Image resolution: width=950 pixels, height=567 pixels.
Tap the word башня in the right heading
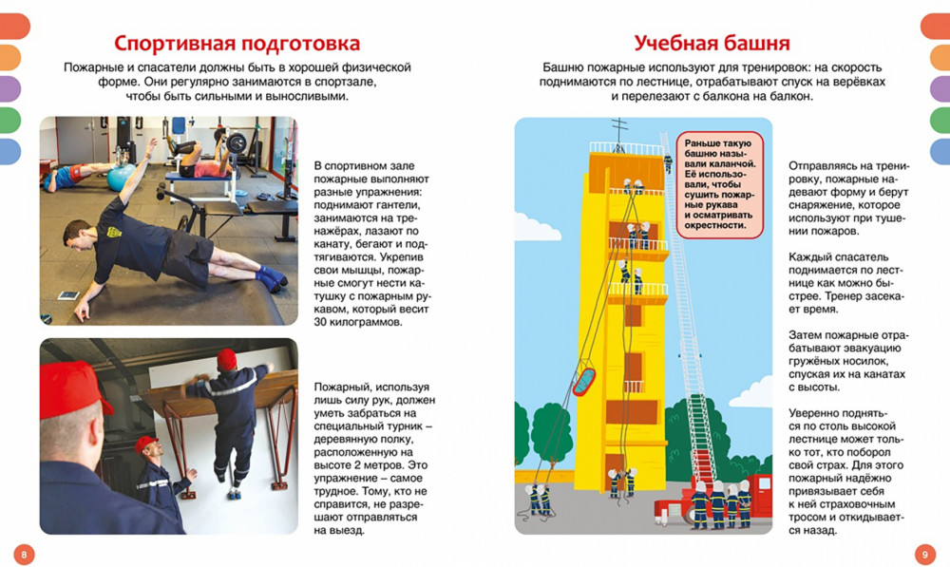(752, 44)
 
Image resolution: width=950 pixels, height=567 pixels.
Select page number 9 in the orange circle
(926, 553)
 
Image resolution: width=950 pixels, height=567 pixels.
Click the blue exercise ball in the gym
(121, 178)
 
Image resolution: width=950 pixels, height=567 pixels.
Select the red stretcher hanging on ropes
(584, 378)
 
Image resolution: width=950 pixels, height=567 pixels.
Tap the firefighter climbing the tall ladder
(667, 164)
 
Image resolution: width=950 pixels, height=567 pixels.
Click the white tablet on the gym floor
(67, 296)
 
